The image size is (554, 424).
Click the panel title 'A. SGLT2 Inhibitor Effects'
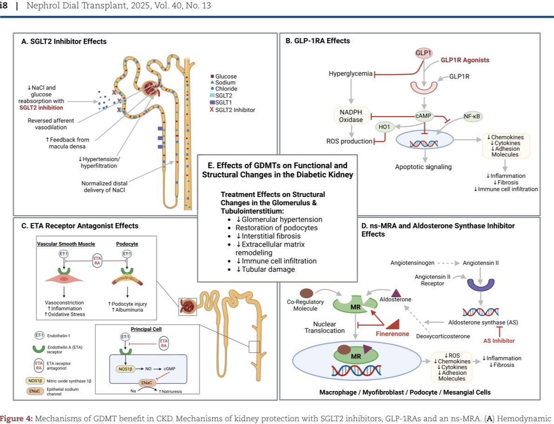tap(64, 41)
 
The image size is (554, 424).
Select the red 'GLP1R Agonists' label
tap(465, 60)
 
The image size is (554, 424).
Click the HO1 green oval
tap(385, 126)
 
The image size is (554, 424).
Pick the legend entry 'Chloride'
tap(226, 89)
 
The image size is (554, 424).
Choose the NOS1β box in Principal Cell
tap(125, 368)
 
